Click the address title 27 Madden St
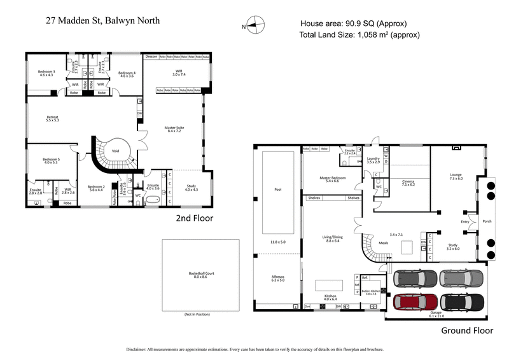[102, 20]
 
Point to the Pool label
[277, 190]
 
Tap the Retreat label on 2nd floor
[52, 118]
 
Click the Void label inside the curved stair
[115, 151]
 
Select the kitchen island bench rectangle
[329, 285]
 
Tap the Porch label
[487, 221]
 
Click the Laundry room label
[373, 159]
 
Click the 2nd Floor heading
[195, 218]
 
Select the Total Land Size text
[359, 35]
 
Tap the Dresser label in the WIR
[151, 57]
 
